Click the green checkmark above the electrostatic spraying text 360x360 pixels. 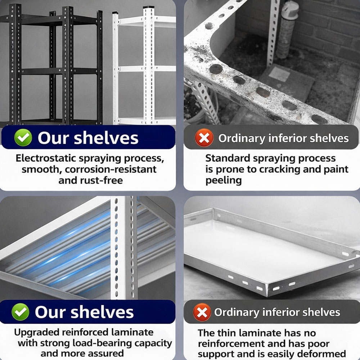tap(23, 137)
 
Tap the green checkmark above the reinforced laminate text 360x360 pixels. tap(21, 312)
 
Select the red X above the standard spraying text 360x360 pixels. tap(204, 138)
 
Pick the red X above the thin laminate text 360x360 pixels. tap(202, 312)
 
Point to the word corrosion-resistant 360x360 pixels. tap(111, 170)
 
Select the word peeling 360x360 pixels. tap(224, 181)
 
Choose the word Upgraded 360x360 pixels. tap(37, 332)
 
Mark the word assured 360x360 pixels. tap(105, 354)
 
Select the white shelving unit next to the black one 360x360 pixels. tap(144, 66)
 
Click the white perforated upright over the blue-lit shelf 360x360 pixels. tap(124, 248)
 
